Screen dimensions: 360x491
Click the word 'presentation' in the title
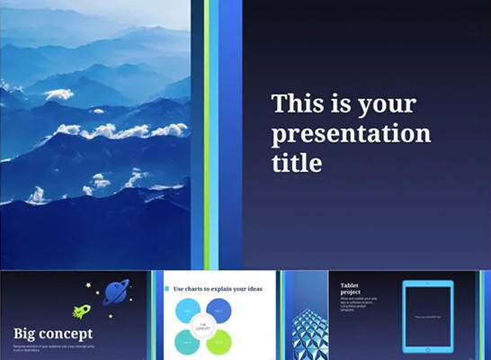[x=351, y=134]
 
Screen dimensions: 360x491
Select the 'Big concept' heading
[x=52, y=334]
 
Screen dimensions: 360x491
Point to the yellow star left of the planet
[x=88, y=285]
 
